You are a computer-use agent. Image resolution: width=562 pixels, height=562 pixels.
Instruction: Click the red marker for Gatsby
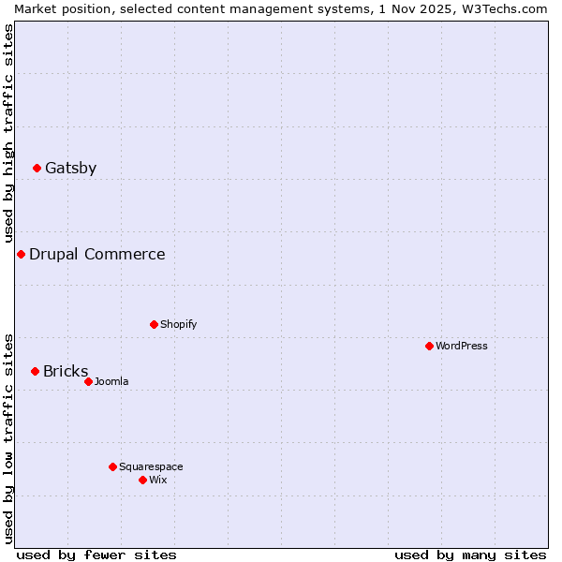pos(37,169)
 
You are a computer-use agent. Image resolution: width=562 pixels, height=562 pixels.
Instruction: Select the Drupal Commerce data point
pos(21,255)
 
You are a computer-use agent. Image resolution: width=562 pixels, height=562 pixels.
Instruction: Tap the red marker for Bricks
pos(36,372)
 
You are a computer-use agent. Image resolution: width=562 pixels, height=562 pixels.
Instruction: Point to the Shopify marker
pos(155,325)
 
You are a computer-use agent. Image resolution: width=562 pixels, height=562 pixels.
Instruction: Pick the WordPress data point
pos(430,347)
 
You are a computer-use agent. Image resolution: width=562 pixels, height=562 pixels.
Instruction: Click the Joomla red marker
pos(89,382)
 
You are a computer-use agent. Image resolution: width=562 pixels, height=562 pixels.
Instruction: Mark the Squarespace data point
pos(113,467)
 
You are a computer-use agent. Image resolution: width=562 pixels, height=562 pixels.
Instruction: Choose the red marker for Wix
pos(143,481)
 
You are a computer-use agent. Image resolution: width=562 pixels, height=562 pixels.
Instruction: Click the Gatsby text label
pos(71,169)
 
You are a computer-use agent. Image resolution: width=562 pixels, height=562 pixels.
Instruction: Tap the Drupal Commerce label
pos(97,255)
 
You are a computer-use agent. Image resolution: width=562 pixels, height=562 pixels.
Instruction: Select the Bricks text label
pos(66,372)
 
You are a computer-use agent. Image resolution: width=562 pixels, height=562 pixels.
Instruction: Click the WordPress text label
pos(462,347)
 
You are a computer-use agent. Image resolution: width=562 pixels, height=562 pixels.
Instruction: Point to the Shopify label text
pos(179,325)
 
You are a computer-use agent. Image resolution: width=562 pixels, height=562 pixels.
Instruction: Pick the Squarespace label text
pos(151,467)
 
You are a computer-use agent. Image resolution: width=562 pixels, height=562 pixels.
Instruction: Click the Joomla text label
pos(111,382)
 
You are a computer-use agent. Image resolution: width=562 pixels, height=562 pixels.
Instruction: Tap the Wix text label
pos(158,481)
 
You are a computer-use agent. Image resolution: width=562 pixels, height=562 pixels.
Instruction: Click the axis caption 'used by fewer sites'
pos(96,555)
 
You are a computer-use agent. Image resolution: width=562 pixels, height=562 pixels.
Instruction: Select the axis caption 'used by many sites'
pos(470,555)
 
